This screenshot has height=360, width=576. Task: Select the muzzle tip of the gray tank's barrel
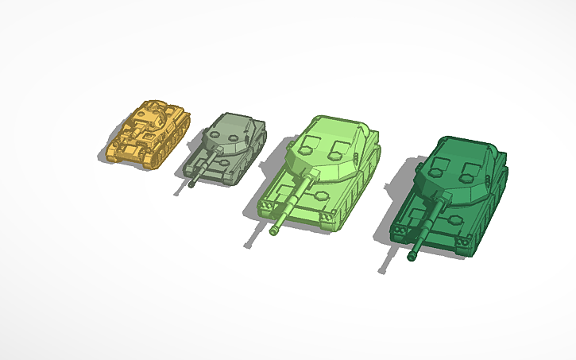point(193,184)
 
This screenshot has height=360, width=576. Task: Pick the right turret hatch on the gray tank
point(237,136)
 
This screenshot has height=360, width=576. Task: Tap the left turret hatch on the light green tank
point(313,143)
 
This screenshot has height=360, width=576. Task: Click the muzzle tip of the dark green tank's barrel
point(412,257)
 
